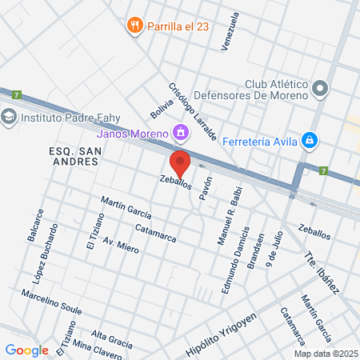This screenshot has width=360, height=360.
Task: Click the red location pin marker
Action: tap(180, 162)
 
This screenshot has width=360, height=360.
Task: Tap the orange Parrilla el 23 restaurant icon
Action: tap(134, 26)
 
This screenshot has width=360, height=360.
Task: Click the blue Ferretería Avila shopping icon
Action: tap(309, 142)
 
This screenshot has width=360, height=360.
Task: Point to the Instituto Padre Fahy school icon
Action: tap(10, 116)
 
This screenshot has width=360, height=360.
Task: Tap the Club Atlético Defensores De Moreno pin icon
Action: tap(322, 88)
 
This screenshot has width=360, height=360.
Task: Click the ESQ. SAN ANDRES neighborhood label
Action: tap(72, 155)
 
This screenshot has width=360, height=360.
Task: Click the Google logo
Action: tap(26, 350)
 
